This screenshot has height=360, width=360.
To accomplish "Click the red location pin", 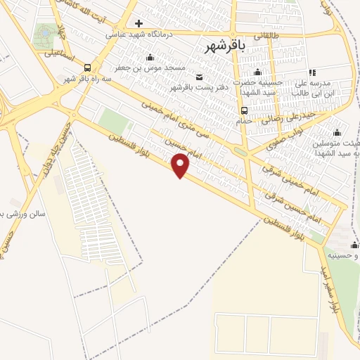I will (181, 165).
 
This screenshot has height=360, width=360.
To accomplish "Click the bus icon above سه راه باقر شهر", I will (86, 67).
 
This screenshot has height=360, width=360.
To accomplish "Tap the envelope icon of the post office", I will (200, 77).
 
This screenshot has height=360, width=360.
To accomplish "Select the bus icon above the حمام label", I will (243, 110).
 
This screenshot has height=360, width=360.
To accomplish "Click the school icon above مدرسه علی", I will (312, 72).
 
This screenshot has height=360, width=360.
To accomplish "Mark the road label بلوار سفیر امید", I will (332, 288).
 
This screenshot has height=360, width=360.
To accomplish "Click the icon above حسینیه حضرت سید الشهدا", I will (257, 72).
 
